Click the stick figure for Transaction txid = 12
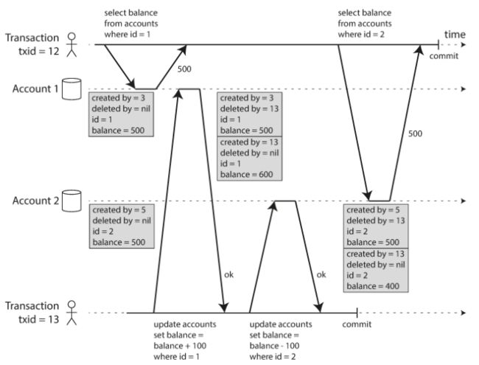71,45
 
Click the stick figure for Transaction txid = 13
71,313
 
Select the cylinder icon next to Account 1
71,89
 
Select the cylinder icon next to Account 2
71,201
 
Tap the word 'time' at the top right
455,35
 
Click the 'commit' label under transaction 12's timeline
444,56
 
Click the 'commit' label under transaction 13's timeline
357,324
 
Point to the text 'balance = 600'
247,175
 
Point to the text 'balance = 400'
373,286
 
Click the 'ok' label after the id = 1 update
228,274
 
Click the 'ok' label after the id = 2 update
321,274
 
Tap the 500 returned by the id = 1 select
184,69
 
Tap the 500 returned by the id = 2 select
415,133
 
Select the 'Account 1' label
35,88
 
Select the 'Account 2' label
35,201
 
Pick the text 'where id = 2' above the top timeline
361,34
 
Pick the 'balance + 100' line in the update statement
180,346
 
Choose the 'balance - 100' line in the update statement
274,346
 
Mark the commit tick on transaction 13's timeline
357,313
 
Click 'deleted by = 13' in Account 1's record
249,109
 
